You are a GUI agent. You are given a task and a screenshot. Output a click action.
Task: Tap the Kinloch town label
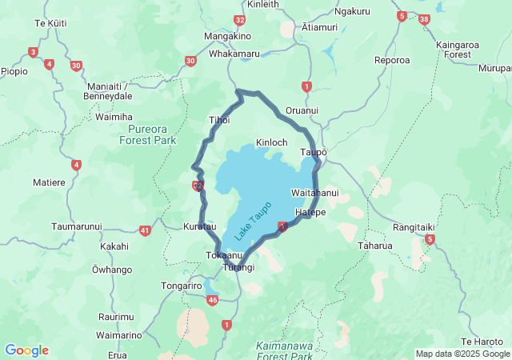271,142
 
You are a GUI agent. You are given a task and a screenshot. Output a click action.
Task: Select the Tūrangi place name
239,267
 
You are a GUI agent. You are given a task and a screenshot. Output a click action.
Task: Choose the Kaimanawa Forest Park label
286,350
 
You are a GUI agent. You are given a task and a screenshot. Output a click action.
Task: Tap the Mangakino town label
228,37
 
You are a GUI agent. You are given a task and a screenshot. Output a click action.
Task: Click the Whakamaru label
234,54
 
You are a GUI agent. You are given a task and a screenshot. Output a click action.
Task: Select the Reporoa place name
392,60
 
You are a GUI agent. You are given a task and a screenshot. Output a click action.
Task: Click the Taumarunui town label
77,226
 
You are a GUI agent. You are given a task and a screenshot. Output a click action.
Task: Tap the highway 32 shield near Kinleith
240,19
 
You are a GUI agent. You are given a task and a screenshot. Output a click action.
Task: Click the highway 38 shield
424,18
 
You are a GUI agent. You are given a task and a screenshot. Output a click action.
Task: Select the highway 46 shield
212,300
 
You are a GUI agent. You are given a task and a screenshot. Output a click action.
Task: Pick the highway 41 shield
145,230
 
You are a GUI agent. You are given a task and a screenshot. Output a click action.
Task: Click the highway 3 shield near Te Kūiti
33,53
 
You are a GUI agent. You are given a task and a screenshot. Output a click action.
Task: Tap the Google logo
26,350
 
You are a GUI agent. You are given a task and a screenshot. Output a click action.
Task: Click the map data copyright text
462,354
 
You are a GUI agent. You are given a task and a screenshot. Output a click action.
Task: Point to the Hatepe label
310,212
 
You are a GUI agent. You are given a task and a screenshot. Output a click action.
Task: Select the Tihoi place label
219,120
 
